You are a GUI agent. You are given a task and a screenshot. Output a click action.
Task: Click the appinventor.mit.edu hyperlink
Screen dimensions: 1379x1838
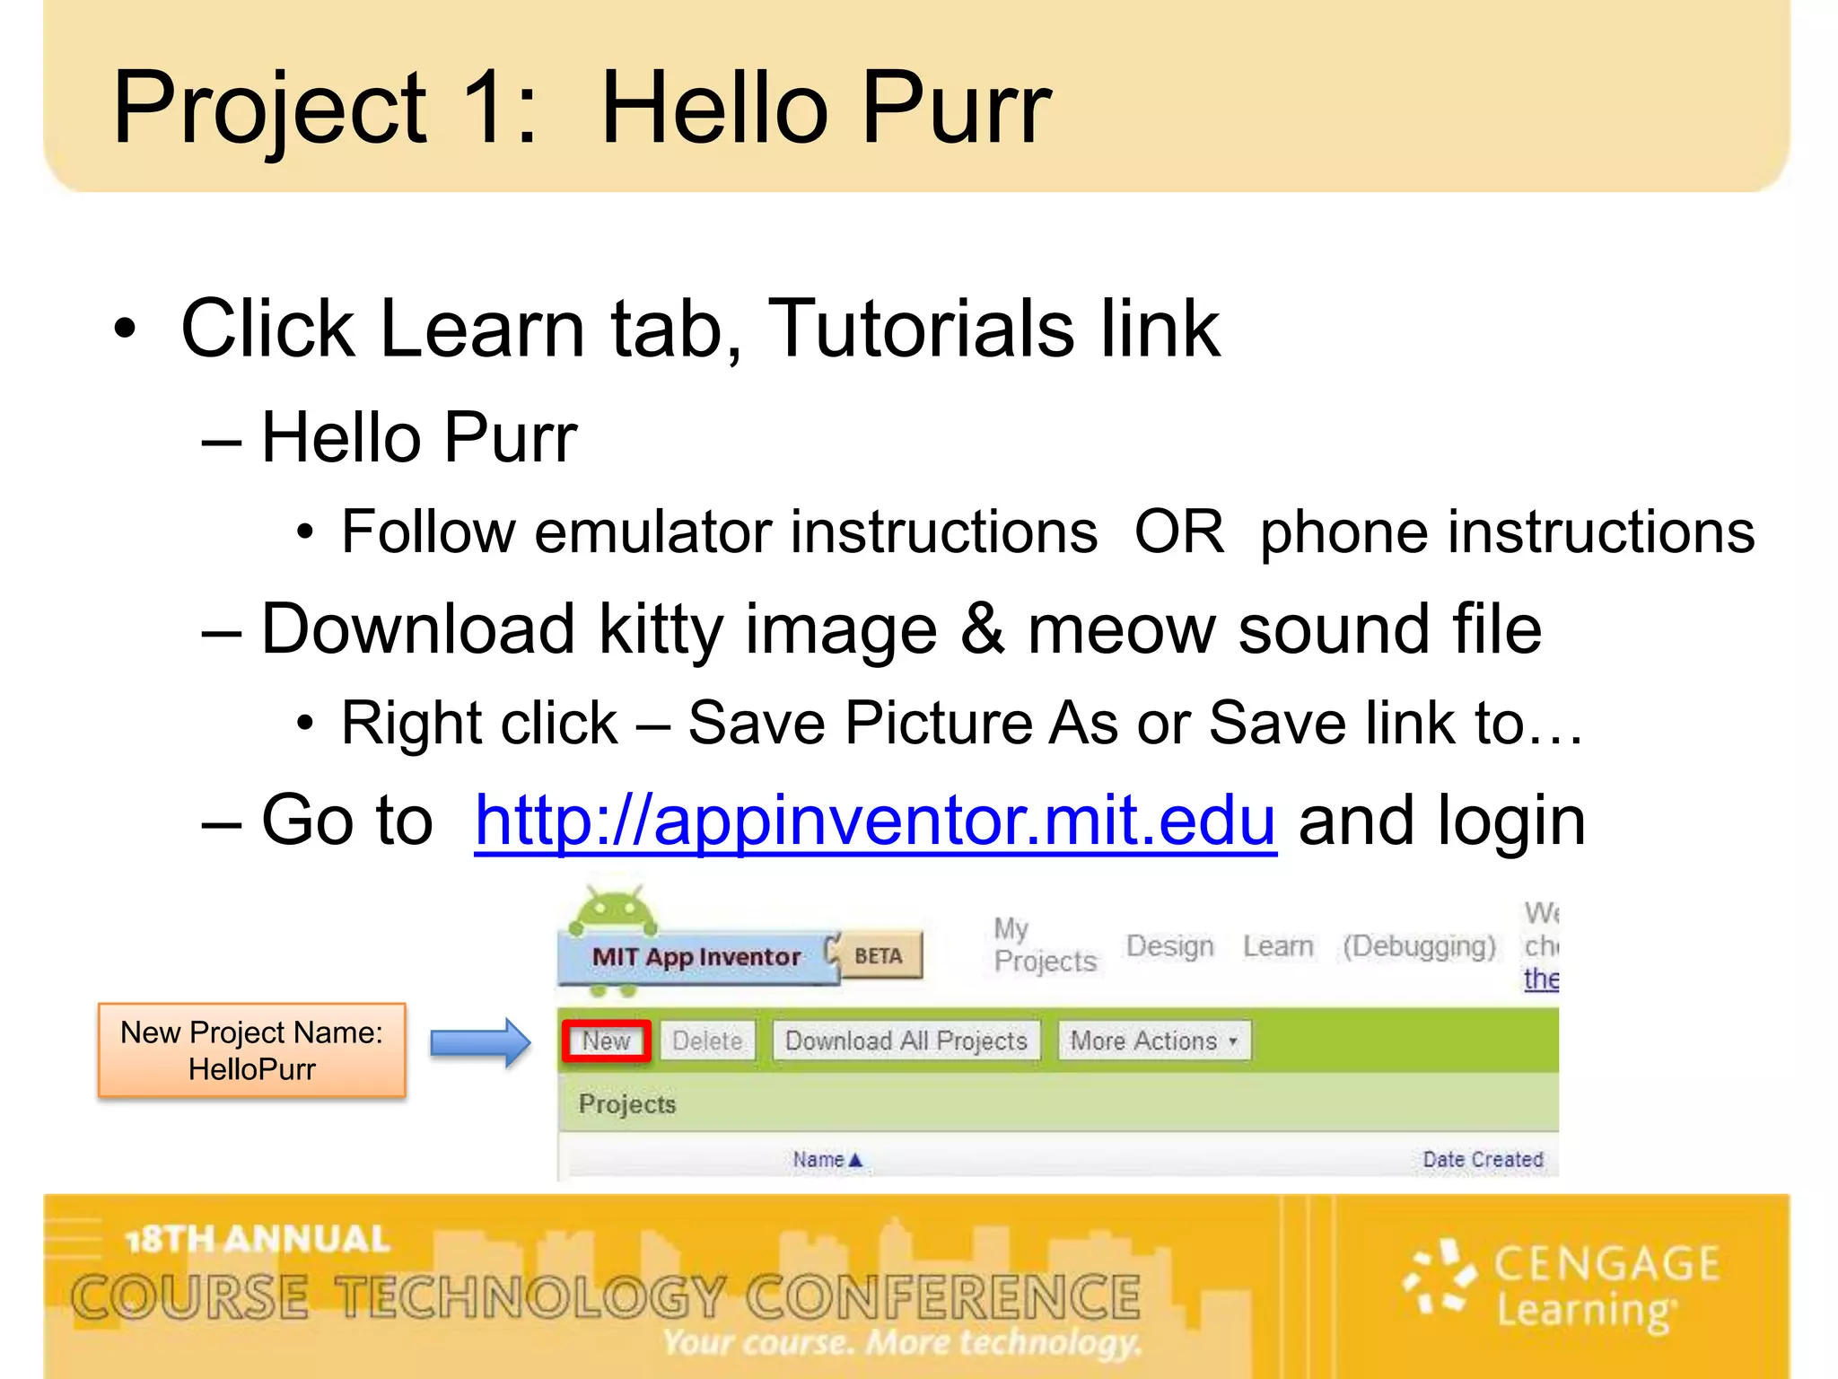[875, 821]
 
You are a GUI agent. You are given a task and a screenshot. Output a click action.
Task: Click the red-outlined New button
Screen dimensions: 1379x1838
[607, 1041]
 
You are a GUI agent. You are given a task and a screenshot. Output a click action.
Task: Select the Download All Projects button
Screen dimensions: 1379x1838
[906, 1041]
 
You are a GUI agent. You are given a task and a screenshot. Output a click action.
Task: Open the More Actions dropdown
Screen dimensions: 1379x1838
[1153, 1041]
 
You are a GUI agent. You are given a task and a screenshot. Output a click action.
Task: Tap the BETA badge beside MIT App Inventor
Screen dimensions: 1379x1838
[879, 955]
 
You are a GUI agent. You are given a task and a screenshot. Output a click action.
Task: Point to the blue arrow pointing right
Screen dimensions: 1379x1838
[480, 1042]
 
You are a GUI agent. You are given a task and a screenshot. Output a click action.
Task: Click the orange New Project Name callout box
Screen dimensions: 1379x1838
[252, 1050]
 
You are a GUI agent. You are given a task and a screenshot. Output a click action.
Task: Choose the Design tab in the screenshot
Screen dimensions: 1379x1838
[1169, 946]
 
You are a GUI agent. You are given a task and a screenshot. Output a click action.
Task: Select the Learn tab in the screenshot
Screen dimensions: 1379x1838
[1278, 946]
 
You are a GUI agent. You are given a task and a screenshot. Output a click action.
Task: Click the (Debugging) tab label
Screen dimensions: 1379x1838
[1419, 946]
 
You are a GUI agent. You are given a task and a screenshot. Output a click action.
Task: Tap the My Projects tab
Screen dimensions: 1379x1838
[1045, 944]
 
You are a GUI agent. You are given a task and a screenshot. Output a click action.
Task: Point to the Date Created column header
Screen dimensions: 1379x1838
[1483, 1160]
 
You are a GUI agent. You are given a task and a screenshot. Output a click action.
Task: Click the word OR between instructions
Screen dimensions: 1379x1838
[1178, 531]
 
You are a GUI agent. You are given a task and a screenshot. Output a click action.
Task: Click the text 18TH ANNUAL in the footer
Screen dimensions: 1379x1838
[258, 1239]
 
